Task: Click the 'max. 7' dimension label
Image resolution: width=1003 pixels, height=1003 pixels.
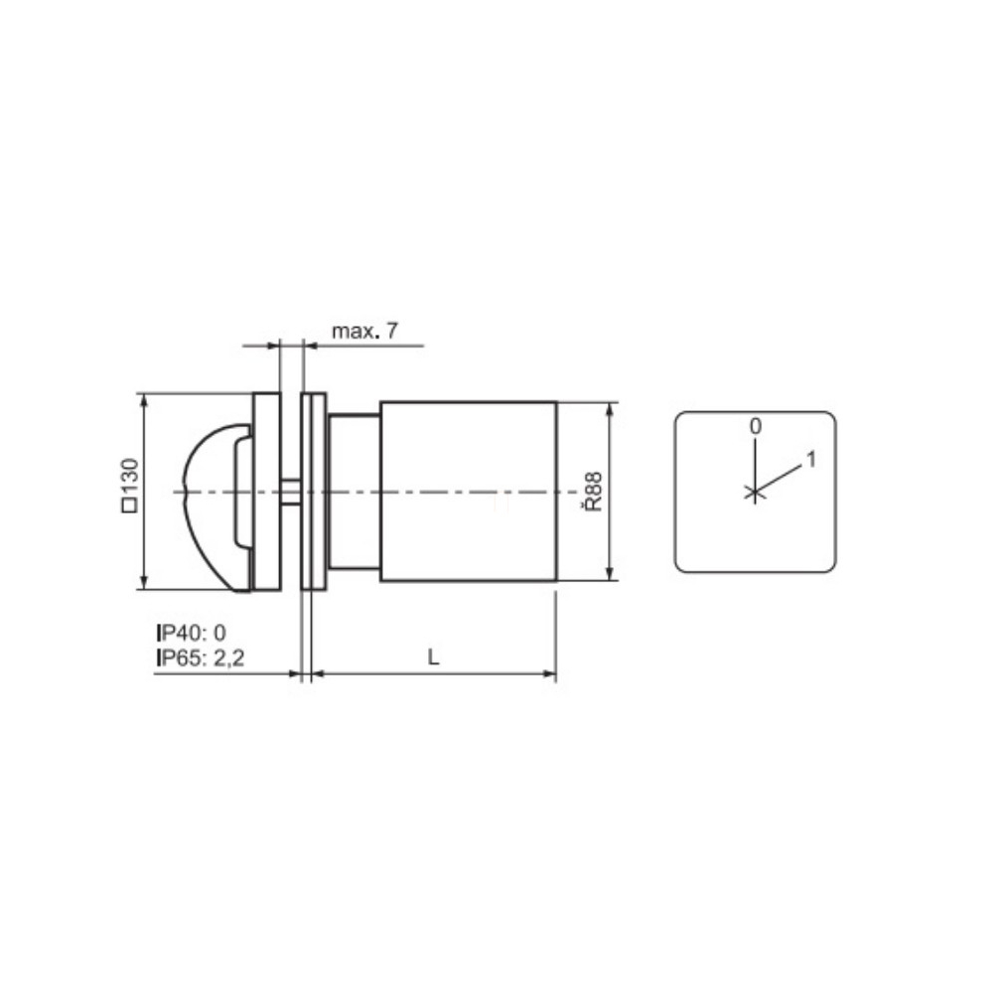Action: pyautogui.click(x=364, y=332)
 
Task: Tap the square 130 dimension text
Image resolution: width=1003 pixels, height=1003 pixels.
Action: pyautogui.click(x=130, y=485)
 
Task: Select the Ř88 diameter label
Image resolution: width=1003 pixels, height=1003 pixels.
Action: pyautogui.click(x=593, y=492)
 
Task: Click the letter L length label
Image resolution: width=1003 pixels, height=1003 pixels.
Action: pyautogui.click(x=434, y=657)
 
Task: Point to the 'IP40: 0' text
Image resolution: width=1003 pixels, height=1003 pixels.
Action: pyautogui.click(x=192, y=633)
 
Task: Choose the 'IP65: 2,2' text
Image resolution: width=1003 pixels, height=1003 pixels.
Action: pyautogui.click(x=201, y=657)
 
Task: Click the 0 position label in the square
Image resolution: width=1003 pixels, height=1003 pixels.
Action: pyautogui.click(x=756, y=427)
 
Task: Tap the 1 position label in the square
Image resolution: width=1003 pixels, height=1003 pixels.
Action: pyautogui.click(x=811, y=459)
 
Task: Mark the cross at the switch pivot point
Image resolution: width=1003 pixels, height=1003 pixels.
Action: pyautogui.click(x=756, y=493)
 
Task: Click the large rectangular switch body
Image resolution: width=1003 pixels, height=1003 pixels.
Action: pyautogui.click(x=469, y=492)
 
